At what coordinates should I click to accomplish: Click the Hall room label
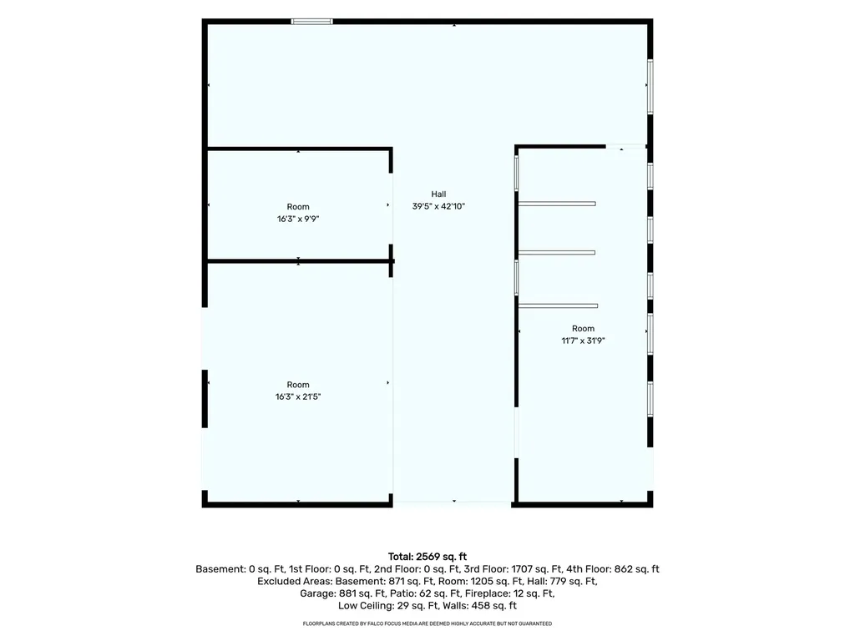438,194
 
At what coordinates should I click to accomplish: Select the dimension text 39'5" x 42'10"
438,206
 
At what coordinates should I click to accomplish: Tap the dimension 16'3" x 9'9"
298,220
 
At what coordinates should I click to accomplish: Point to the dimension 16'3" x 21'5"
298,396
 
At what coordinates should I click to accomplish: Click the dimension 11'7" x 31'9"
583,341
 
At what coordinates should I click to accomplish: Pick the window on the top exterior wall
312,22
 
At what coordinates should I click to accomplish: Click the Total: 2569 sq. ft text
427,557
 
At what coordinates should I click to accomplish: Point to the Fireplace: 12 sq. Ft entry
509,593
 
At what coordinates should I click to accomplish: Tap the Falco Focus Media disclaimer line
427,623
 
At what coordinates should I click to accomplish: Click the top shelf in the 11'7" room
557,204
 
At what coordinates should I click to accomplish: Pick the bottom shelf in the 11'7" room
558,305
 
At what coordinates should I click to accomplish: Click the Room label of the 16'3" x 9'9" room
298,207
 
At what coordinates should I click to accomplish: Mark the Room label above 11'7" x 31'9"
583,329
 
